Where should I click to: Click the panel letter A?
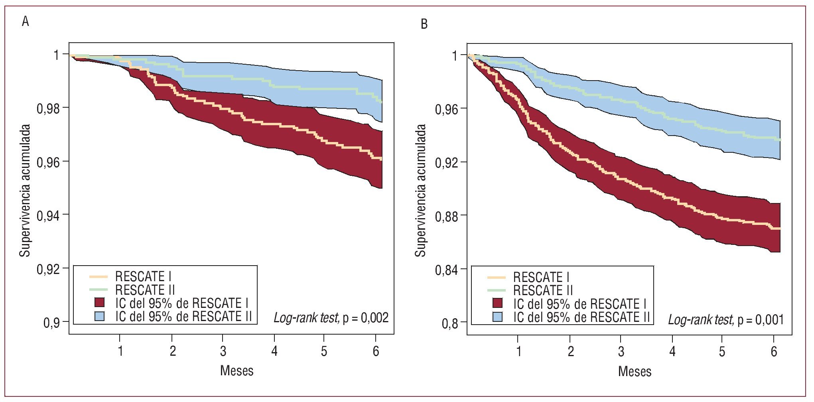[26, 22]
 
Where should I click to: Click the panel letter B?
[424, 24]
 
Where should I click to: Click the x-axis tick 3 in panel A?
[223, 351]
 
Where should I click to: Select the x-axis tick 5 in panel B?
[722, 351]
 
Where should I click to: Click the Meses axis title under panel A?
[237, 370]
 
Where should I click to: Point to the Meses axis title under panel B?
[635, 371]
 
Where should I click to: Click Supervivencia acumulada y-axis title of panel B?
[420, 190]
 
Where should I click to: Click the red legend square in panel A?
[99, 303]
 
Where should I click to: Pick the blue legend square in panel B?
[497, 317]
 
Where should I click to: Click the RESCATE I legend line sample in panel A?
[99, 276]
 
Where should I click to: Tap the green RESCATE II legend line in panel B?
[497, 290]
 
